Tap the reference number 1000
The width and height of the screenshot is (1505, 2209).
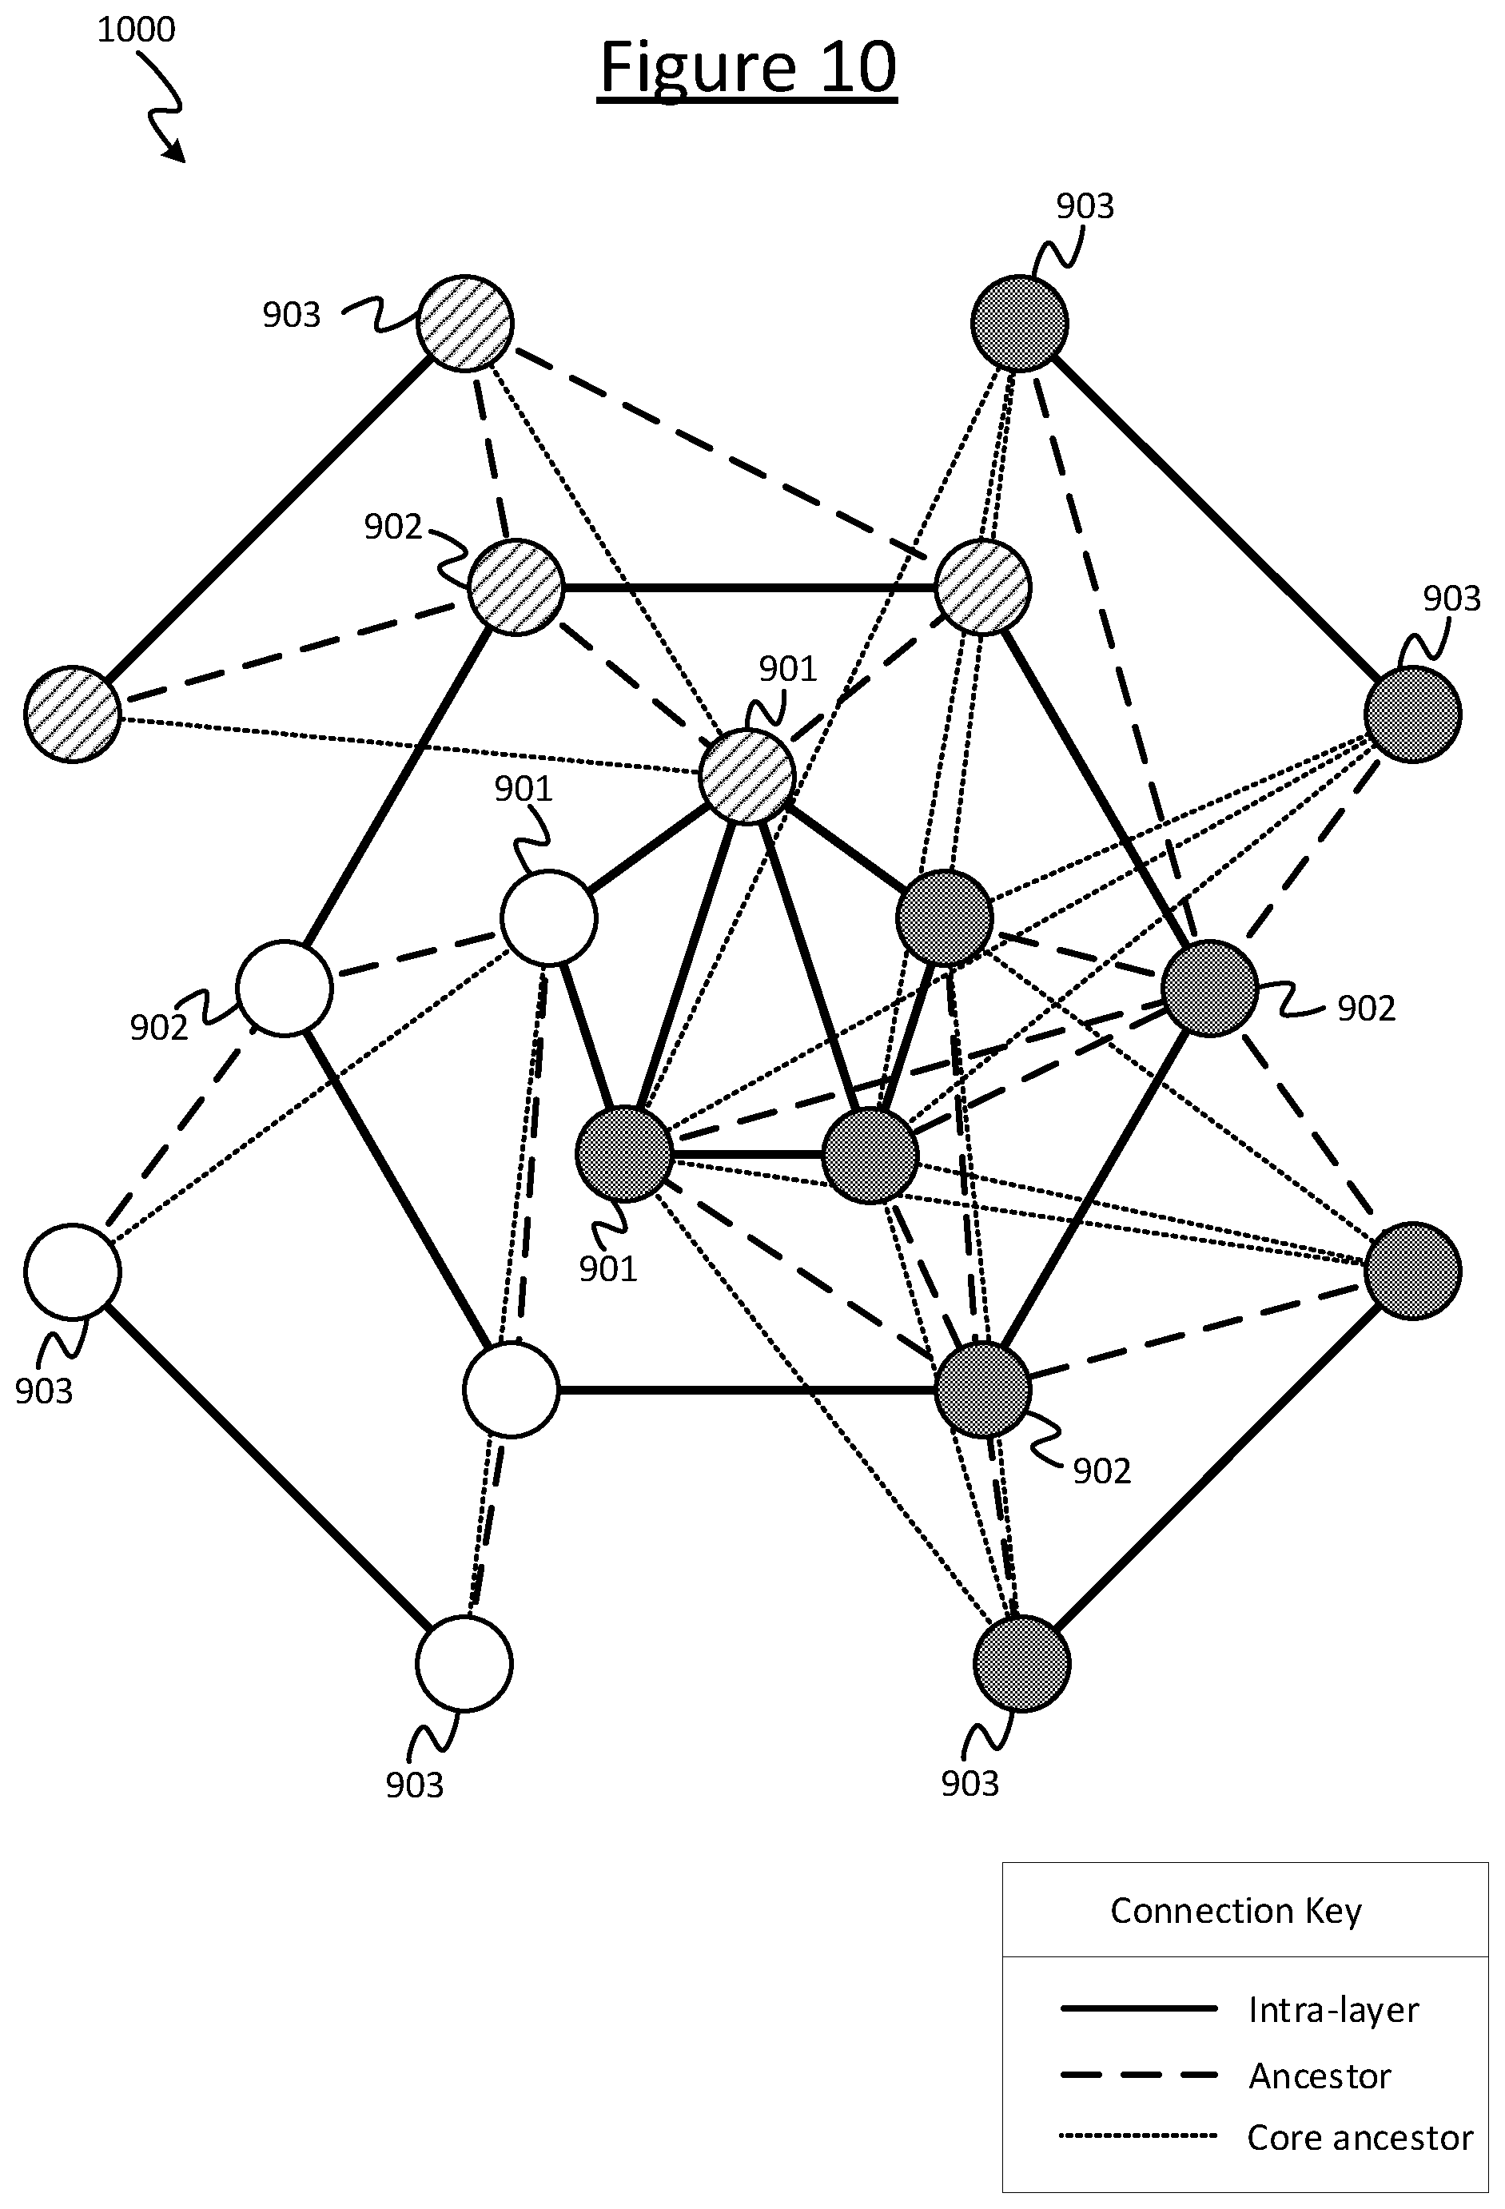(x=136, y=30)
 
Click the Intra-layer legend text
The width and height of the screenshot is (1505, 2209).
(x=1333, y=2009)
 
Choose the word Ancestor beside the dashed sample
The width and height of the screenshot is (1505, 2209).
(x=1320, y=2076)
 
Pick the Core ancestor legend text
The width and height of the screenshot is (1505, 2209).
(x=1360, y=2137)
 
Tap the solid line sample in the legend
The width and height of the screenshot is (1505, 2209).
(x=1138, y=2008)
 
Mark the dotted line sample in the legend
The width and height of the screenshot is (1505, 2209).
(x=1138, y=2135)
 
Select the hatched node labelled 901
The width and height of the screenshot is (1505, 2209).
(x=747, y=777)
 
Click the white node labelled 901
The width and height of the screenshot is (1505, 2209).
(x=548, y=918)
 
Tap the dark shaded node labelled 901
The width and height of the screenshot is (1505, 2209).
(x=623, y=1154)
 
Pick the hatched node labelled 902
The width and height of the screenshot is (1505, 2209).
(x=516, y=587)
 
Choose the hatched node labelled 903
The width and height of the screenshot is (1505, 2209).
(x=465, y=323)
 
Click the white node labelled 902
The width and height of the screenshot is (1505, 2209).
(x=285, y=988)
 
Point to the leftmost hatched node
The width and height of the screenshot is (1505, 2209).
(x=72, y=714)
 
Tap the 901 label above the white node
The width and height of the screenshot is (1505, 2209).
(x=523, y=788)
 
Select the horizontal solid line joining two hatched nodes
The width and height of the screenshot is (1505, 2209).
(x=751, y=588)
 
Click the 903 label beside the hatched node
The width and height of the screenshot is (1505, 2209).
(x=292, y=315)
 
